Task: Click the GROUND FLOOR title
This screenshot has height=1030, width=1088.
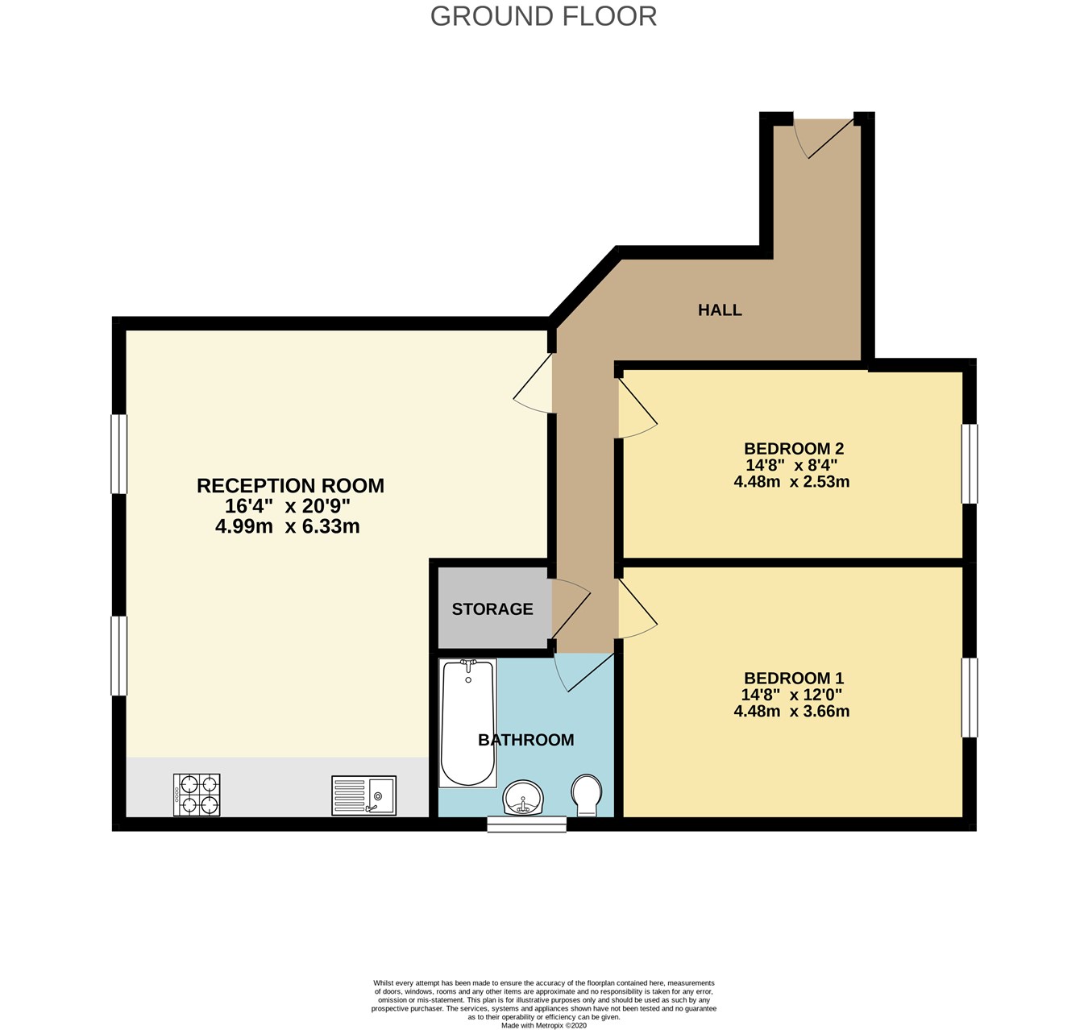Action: click(x=543, y=16)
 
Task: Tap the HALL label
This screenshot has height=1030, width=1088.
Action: click(x=720, y=310)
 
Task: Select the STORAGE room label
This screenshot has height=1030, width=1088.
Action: click(x=492, y=609)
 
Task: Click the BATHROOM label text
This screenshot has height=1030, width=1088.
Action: click(x=525, y=740)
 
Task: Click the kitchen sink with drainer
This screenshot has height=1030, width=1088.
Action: click(x=363, y=795)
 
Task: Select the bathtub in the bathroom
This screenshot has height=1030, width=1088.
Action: click(x=467, y=722)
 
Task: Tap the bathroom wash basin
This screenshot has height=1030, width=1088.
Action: click(x=524, y=798)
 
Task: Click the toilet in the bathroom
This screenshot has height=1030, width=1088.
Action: click(x=586, y=795)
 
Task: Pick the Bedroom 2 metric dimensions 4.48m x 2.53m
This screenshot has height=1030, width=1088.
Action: click(x=791, y=482)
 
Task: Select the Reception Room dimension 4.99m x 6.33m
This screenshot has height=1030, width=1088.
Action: click(x=287, y=527)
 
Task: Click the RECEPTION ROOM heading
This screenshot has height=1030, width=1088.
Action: click(x=290, y=486)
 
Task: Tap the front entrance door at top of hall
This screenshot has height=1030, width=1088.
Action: click(x=822, y=137)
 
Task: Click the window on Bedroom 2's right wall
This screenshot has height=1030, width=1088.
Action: click(x=970, y=464)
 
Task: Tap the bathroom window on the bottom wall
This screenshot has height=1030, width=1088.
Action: click(x=527, y=824)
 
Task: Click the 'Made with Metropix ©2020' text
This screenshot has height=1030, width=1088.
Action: click(x=543, y=1025)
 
